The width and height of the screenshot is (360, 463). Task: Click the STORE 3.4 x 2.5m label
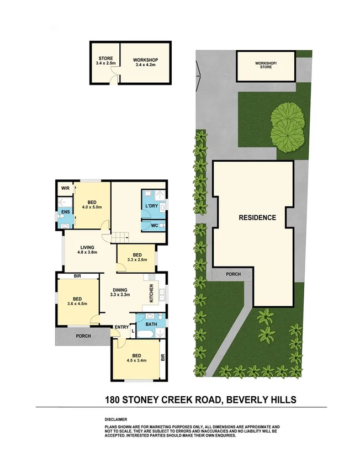pos(106,61)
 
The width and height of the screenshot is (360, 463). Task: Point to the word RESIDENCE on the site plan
pos(257,217)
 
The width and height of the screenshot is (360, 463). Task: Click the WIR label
pos(65,188)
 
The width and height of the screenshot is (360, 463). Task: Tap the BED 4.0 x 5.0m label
pos(92,204)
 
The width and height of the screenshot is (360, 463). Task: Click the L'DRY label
pos(151,206)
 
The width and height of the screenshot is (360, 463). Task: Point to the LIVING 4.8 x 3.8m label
pos(88,250)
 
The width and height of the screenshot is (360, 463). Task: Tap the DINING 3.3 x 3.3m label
pos(121,292)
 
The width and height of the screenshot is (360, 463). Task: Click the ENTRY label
pos(121,328)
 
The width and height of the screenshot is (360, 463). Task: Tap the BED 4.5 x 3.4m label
pos(135,358)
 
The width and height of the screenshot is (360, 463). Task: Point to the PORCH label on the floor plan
pos(83,336)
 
